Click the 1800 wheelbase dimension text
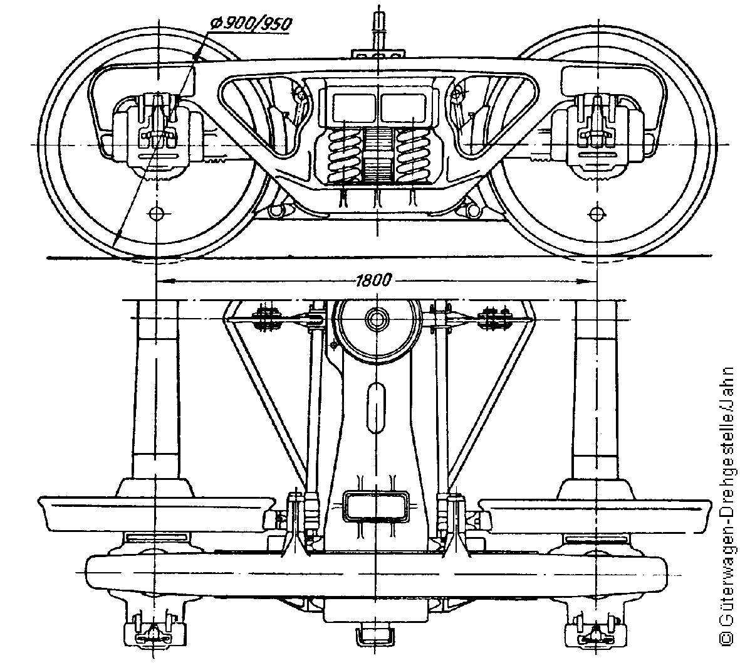(373, 280)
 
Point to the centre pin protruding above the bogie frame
(378, 28)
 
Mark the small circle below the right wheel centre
(598, 212)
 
